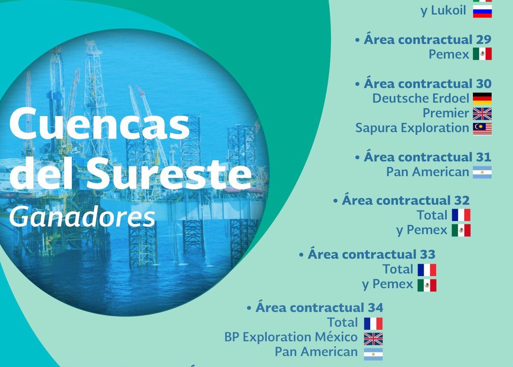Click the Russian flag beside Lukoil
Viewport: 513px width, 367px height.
(x=482, y=12)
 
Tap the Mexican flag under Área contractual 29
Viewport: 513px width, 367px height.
(x=482, y=54)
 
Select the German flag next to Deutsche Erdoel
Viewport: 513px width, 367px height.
(x=482, y=99)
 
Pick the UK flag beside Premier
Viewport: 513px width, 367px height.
(x=482, y=114)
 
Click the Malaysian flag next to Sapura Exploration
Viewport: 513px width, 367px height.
(x=482, y=129)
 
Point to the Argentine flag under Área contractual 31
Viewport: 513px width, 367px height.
(x=482, y=172)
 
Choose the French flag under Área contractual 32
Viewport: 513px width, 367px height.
(x=461, y=215)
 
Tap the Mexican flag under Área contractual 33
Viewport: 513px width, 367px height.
(x=427, y=285)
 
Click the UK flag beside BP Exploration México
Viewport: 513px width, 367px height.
(x=373, y=339)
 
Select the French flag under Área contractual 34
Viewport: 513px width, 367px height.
(x=373, y=323)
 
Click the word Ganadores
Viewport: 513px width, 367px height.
(x=82, y=216)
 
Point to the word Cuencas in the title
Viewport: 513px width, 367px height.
(x=100, y=123)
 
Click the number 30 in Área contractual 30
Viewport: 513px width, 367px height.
(x=484, y=84)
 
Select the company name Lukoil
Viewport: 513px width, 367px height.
(x=448, y=11)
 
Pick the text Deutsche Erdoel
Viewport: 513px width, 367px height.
(x=421, y=98)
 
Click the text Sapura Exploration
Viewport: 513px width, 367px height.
(x=412, y=128)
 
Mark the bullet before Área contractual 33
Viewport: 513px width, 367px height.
(x=301, y=255)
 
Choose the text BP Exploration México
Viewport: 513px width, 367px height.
(x=291, y=337)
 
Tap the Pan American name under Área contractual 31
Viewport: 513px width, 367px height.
(x=428, y=172)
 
